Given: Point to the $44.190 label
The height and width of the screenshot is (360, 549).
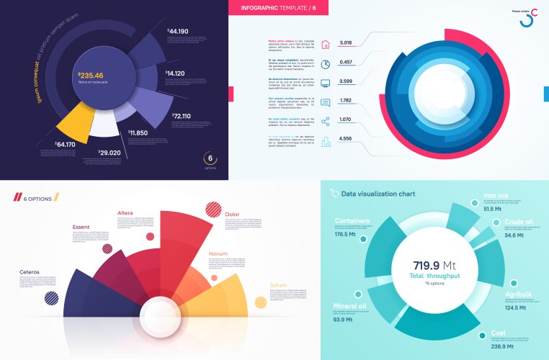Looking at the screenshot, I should (178, 31).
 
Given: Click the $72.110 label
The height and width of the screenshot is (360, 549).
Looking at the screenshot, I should (181, 115).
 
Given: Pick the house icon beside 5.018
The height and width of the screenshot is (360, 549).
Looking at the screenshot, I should (325, 44).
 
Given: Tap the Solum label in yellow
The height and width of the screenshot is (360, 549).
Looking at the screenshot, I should (277, 286).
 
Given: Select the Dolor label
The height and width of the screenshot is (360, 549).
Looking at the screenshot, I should (233, 214).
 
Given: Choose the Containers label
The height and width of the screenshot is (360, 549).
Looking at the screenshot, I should (352, 221).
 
